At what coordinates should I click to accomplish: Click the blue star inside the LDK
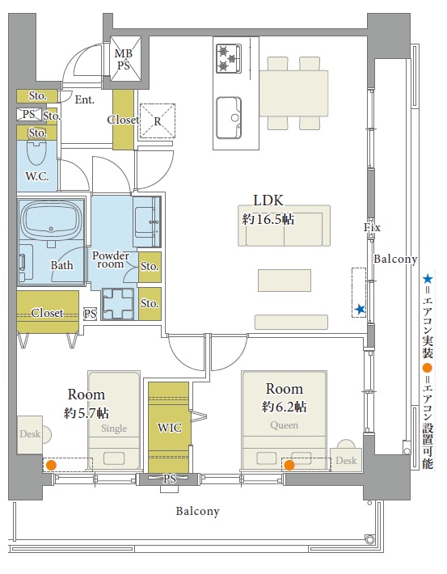(x=361, y=310)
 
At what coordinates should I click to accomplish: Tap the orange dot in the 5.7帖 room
(x=51, y=466)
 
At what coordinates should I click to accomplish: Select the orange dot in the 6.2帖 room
(x=289, y=466)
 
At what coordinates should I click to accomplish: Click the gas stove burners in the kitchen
(x=229, y=58)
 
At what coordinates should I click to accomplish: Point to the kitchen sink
(x=230, y=118)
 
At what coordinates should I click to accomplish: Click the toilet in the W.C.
(x=36, y=153)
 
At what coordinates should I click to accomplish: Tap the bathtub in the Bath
(x=51, y=220)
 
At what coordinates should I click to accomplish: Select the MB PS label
(x=124, y=59)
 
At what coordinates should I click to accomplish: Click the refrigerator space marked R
(x=158, y=121)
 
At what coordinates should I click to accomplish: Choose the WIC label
(x=170, y=428)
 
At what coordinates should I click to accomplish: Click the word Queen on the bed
(x=284, y=425)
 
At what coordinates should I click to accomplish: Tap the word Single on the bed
(x=114, y=428)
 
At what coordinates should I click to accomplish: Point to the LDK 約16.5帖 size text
(x=268, y=219)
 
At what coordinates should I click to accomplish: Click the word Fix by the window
(x=372, y=227)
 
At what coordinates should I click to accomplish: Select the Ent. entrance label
(x=85, y=99)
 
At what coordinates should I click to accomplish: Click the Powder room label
(x=110, y=260)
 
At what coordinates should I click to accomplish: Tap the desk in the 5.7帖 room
(x=30, y=434)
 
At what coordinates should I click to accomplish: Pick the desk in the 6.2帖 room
(x=346, y=459)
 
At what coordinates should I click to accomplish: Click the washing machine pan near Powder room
(x=118, y=303)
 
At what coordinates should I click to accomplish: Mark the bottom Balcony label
(x=198, y=511)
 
